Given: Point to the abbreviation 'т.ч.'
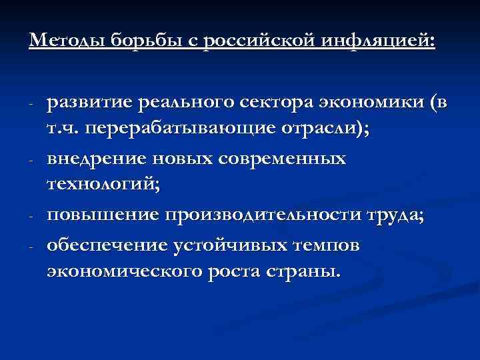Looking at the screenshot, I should click(x=63, y=131).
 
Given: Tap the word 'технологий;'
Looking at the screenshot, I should click(x=103, y=187).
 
